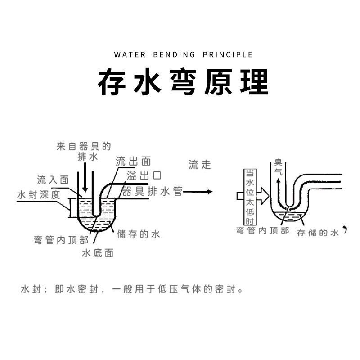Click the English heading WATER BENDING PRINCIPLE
(x=183, y=55)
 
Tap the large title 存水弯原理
(x=183, y=82)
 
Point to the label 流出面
(x=133, y=162)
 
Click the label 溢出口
(x=144, y=175)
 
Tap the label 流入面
(x=53, y=180)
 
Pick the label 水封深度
(x=38, y=195)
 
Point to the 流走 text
(x=200, y=164)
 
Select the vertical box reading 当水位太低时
(x=249, y=197)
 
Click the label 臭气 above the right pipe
(x=279, y=168)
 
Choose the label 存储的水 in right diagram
(x=317, y=233)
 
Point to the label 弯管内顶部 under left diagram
(x=61, y=240)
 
